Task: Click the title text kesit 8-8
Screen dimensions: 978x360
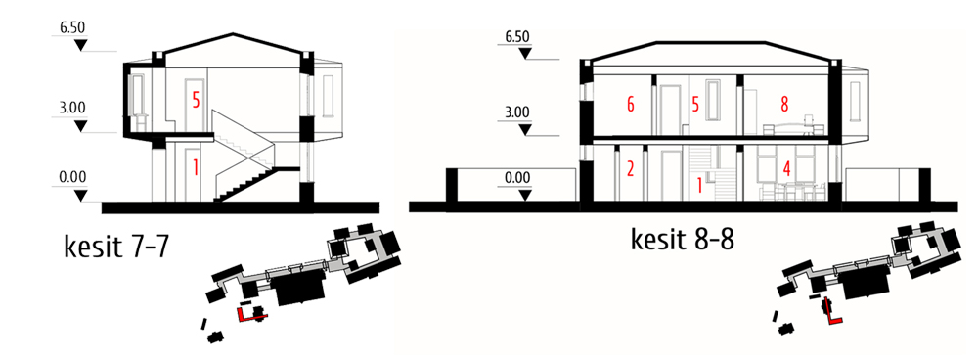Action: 683,239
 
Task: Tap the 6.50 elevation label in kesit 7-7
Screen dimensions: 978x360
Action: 71,28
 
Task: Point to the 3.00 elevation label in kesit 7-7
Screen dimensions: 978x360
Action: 72,107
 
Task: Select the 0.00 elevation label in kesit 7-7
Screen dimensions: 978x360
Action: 72,177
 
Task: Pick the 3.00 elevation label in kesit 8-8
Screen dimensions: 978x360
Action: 517,112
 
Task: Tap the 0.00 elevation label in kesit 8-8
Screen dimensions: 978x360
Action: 517,178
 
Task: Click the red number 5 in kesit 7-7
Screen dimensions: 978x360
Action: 196,101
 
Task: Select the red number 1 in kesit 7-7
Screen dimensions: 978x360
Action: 196,167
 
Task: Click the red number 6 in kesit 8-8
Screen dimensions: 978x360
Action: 631,105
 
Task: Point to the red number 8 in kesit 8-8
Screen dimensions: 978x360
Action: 784,105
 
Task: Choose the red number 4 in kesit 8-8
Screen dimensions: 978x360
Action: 787,168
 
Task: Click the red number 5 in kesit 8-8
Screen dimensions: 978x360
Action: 695,105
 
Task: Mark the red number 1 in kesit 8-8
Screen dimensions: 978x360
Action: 700,184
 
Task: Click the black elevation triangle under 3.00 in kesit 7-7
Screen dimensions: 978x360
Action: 80,126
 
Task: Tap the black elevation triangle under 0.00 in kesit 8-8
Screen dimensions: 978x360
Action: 525,195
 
